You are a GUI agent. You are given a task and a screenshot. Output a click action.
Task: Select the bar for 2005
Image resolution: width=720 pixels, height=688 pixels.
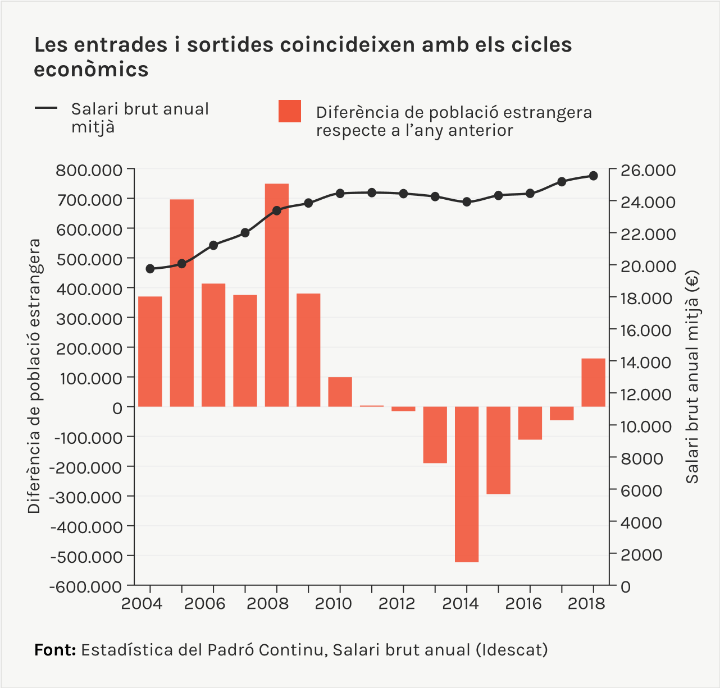pyautogui.click(x=181, y=303)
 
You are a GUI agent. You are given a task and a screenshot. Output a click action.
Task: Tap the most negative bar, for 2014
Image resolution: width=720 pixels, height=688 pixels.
pyautogui.click(x=466, y=484)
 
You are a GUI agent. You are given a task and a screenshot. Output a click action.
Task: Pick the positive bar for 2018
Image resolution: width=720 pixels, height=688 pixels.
pyautogui.click(x=593, y=382)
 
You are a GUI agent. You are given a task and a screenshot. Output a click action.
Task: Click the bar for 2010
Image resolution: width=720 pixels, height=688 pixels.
pyautogui.click(x=340, y=392)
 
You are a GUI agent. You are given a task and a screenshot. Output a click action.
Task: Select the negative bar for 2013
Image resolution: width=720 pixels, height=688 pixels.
pyautogui.click(x=435, y=434)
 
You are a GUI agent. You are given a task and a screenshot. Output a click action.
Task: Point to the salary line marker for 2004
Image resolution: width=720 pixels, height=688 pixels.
pyautogui.click(x=150, y=269)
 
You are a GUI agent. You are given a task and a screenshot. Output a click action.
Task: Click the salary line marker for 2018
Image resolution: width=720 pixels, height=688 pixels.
pyautogui.click(x=593, y=176)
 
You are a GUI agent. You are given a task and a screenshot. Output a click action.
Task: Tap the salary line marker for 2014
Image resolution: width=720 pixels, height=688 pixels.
pyautogui.click(x=466, y=202)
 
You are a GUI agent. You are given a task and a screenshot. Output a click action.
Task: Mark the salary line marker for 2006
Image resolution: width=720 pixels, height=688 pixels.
pyautogui.click(x=213, y=245)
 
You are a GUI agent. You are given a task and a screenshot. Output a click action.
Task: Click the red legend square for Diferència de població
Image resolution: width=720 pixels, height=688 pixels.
pyautogui.click(x=290, y=111)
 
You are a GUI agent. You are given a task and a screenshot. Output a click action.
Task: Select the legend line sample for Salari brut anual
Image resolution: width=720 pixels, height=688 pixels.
pyautogui.click(x=46, y=108)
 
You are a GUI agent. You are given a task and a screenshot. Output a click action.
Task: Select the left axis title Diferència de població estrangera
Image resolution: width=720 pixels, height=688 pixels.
pyautogui.click(x=34, y=376)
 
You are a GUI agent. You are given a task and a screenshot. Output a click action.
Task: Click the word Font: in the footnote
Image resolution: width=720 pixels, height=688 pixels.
pyautogui.click(x=55, y=650)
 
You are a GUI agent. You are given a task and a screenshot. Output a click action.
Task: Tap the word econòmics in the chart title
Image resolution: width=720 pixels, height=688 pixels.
pyautogui.click(x=91, y=70)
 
